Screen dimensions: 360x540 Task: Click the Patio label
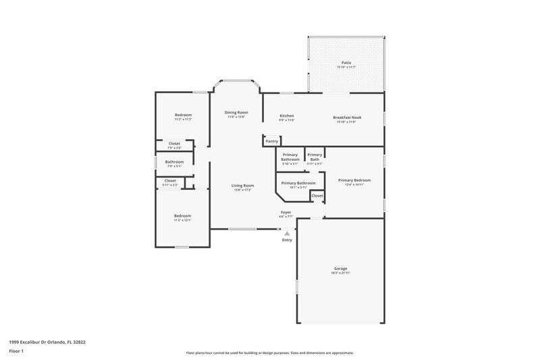(346, 63)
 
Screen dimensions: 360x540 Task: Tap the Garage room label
(340, 268)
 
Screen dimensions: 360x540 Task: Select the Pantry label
(271, 141)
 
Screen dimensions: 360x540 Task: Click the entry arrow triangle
(287, 234)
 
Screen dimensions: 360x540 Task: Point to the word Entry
(287, 240)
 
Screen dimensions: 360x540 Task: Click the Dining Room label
(236, 112)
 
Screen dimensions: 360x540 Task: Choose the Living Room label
(242, 185)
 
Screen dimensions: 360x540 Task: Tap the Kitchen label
(287, 115)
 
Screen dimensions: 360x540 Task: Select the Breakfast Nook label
(348, 118)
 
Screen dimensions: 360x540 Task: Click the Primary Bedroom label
(354, 180)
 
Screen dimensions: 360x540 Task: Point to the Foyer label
(286, 212)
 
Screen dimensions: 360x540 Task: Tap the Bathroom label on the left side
(175, 161)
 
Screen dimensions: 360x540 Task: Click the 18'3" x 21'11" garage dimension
(340, 272)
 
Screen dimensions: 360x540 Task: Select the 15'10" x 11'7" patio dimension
(346, 68)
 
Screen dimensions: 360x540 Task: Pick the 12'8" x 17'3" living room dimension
(242, 190)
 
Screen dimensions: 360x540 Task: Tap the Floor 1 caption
(16, 352)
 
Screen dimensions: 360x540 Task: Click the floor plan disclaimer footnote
(269, 353)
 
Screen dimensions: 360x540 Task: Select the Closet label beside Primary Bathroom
(317, 196)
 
